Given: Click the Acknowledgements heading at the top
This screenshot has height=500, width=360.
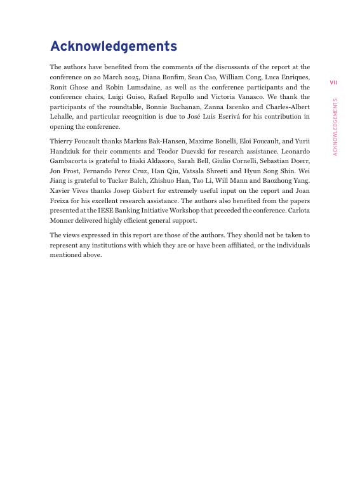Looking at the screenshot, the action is pyautogui.click(x=113, y=46).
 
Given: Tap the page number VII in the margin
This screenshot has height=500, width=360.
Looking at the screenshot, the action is pyautogui.click(x=333, y=82).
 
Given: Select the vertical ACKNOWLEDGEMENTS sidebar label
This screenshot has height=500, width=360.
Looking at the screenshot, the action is pyautogui.click(x=335, y=127).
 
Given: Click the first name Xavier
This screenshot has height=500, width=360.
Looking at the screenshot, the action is pyautogui.click(x=61, y=191).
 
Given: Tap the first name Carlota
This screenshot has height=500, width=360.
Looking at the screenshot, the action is pyautogui.click(x=298, y=211).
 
